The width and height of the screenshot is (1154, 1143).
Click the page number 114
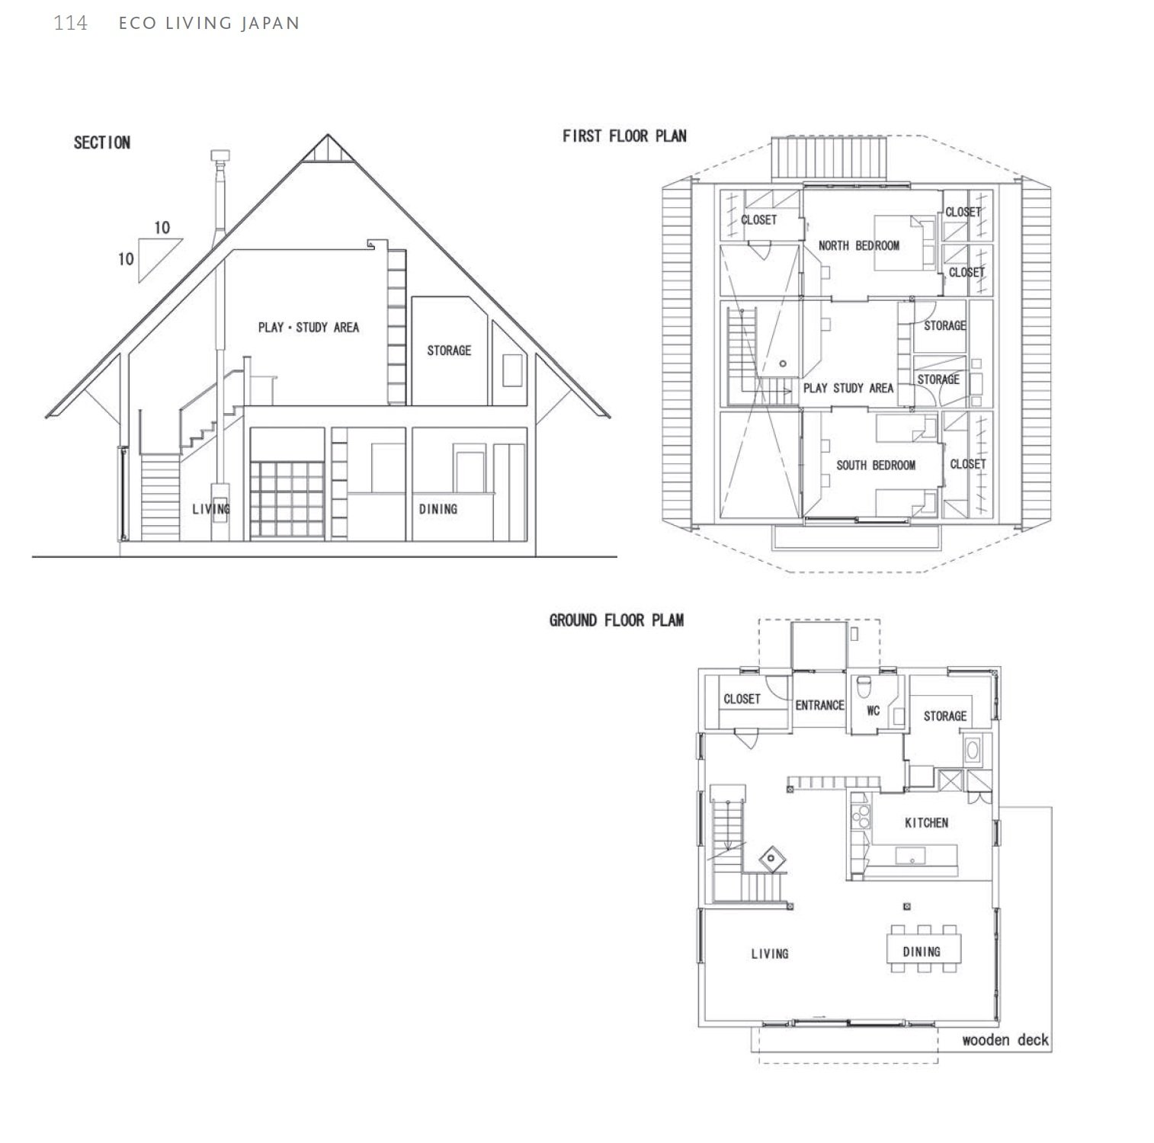click(x=70, y=23)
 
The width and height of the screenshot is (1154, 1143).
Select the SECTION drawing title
click(x=101, y=142)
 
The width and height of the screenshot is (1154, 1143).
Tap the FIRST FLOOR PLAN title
click(x=624, y=136)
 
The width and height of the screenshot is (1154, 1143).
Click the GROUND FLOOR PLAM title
click(x=616, y=620)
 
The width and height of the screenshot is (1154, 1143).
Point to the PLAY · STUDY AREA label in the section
click(x=308, y=328)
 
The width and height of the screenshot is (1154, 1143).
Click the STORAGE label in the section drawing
click(x=448, y=351)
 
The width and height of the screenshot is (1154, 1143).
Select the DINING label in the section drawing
click(x=438, y=509)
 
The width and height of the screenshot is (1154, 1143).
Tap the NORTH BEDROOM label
click(x=858, y=245)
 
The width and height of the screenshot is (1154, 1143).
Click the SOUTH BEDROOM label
click(x=875, y=465)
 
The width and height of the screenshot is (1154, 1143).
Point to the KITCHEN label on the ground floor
click(x=926, y=823)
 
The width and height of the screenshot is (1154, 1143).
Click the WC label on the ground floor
click(x=873, y=711)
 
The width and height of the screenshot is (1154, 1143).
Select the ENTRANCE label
click(x=819, y=706)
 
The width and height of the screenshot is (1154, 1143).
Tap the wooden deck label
click(x=1005, y=1040)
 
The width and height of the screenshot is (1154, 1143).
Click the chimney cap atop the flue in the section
click(x=219, y=155)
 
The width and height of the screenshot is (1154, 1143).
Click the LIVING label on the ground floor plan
click(x=769, y=953)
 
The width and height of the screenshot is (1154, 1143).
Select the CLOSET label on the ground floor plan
click(x=742, y=699)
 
